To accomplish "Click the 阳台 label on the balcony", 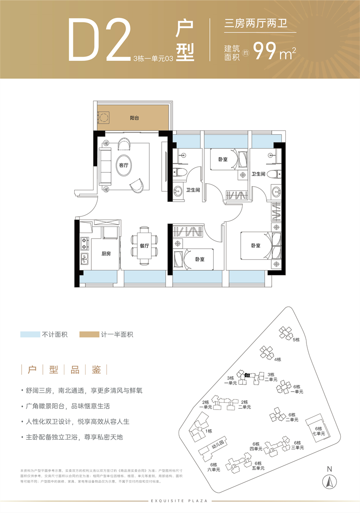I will coord(134,118).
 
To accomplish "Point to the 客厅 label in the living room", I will coord(123,165).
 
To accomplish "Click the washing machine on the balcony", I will coord(104,118).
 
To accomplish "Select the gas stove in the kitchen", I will coord(84,243).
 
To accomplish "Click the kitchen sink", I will coord(84,259).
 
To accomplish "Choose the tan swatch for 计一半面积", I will coord(88,334).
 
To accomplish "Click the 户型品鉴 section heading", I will coord(64,370).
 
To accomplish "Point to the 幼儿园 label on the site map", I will coord(218,447).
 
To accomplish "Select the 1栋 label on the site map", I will coord(208,431).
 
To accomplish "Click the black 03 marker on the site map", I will coord(247,375).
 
